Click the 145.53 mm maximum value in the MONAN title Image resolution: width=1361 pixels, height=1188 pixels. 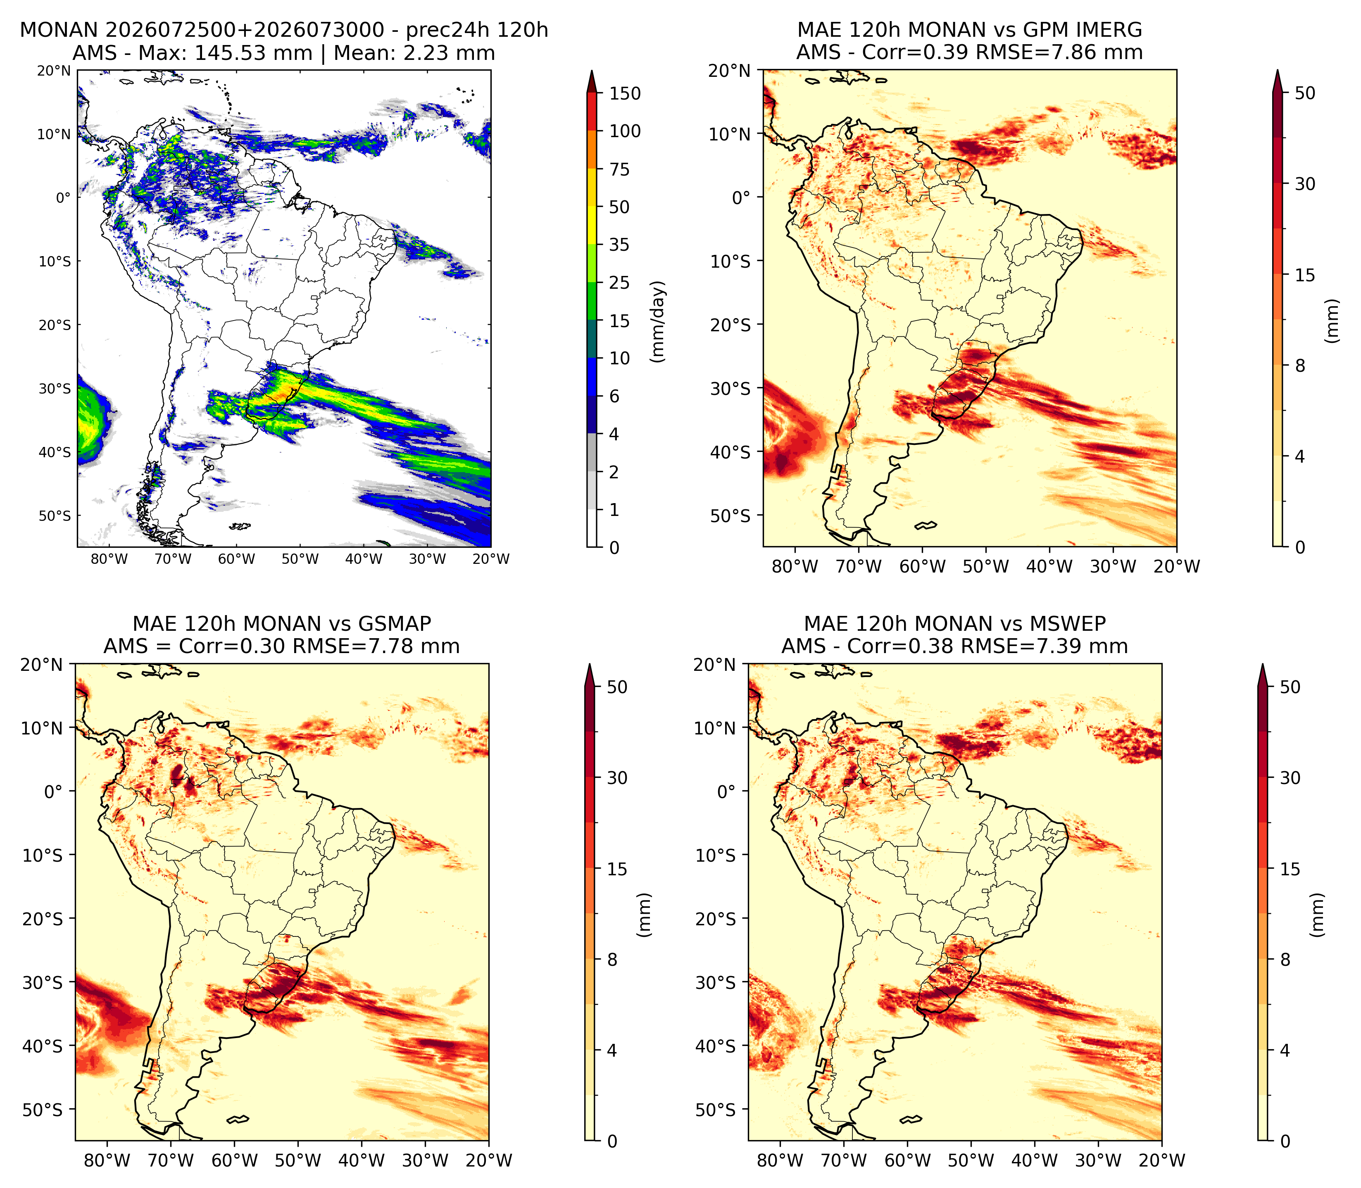pyautogui.click(x=252, y=53)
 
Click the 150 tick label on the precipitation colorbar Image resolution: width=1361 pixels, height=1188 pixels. pyautogui.click(x=625, y=93)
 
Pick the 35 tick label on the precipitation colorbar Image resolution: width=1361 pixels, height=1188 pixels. pyautogui.click(x=619, y=245)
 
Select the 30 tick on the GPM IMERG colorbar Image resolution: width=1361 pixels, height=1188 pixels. pyautogui.click(x=1305, y=184)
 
